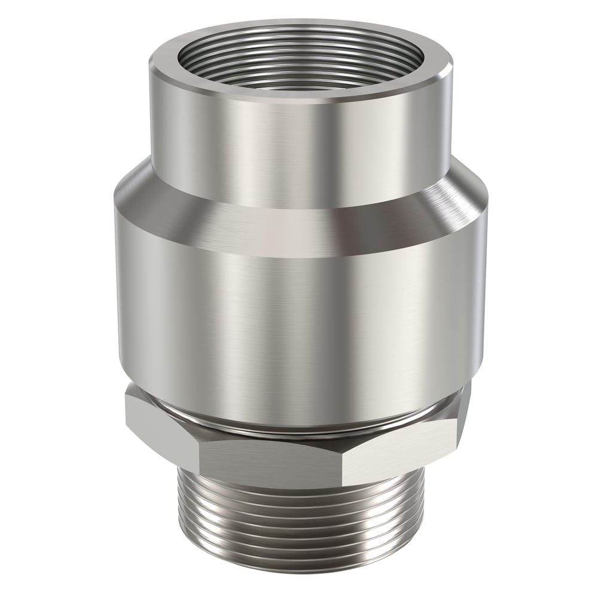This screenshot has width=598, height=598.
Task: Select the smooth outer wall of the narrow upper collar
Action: [299, 149]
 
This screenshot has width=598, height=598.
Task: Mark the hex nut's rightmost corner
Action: [470, 413]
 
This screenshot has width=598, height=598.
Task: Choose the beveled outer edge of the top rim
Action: [299, 100]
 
